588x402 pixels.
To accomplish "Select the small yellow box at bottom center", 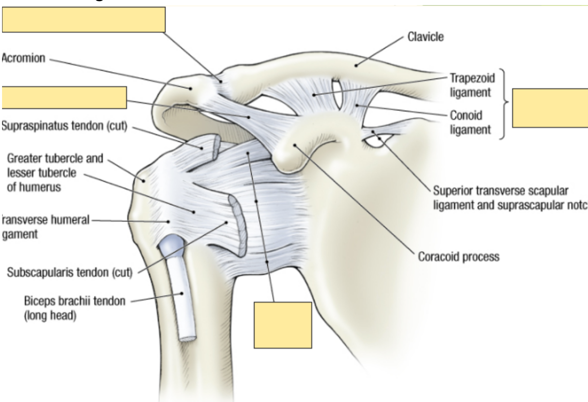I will click(x=283, y=324).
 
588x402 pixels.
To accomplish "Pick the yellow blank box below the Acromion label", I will click(x=64, y=98).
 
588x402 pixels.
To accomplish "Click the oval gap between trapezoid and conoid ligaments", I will click(x=338, y=95).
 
